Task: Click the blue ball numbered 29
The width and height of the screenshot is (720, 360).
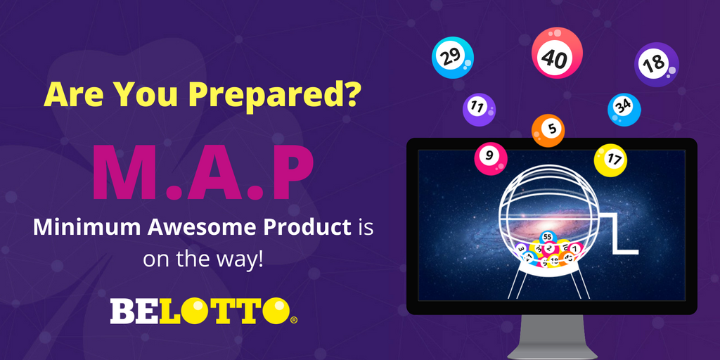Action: pos(452,58)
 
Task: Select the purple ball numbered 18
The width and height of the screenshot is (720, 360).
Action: pos(656,64)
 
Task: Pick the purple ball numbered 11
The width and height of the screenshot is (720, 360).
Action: pos(478,108)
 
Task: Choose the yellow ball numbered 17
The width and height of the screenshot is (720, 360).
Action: pos(610,160)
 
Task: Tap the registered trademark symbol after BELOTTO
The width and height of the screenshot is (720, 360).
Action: pos(294,320)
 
